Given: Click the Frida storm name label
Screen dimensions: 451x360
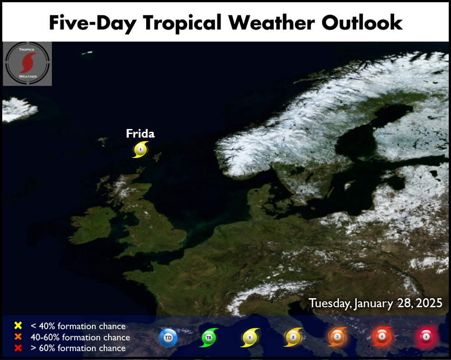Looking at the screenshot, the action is pyautogui.click(x=140, y=134).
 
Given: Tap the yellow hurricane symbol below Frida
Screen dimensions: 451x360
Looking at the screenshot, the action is pyautogui.click(x=140, y=150).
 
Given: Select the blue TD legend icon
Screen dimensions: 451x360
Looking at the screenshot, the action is pyautogui.click(x=168, y=337).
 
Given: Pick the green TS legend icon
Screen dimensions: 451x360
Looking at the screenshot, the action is pyautogui.click(x=209, y=337).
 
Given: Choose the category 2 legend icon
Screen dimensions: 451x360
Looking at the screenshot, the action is pyautogui.click(x=293, y=337).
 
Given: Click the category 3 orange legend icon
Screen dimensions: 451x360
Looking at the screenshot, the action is pyautogui.click(x=337, y=337).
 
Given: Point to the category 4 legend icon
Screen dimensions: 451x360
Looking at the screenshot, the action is pyautogui.click(x=382, y=337).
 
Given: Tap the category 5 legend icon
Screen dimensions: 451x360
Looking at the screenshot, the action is pyautogui.click(x=426, y=337).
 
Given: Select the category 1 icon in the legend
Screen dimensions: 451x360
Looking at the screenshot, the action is pyautogui.click(x=250, y=337).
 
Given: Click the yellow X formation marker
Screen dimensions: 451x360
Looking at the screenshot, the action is pyautogui.click(x=18, y=325).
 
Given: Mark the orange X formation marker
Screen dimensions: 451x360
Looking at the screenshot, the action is pyautogui.click(x=18, y=337).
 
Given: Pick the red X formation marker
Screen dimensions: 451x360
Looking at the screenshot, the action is pyautogui.click(x=18, y=348).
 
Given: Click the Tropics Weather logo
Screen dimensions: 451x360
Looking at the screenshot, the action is pyautogui.click(x=28, y=64).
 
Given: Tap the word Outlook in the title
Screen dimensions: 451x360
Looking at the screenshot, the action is pyautogui.click(x=362, y=23).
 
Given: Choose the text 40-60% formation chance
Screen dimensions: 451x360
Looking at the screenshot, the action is pyautogui.click(x=80, y=337).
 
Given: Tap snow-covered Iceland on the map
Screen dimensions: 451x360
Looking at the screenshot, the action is pyautogui.click(x=19, y=109).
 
